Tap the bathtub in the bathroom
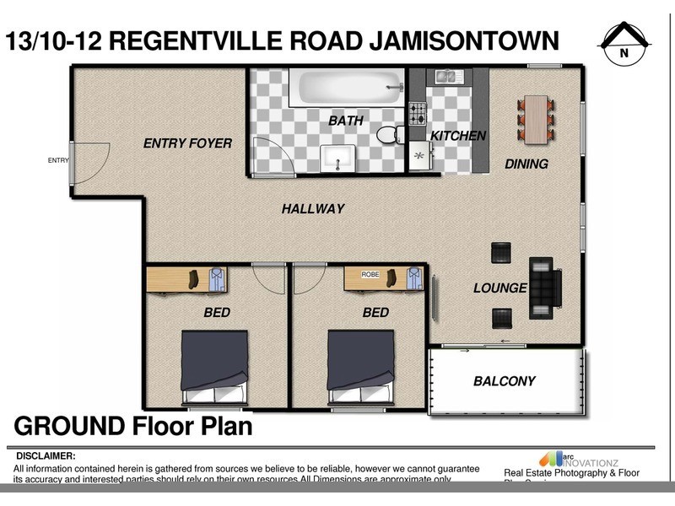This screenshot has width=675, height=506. [346, 88]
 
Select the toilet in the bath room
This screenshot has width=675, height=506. [389, 134]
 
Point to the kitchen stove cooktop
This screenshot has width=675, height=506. [417, 114]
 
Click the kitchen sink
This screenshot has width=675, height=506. [448, 77]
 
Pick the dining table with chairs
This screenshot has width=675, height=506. [536, 119]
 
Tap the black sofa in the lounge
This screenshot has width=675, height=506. [544, 288]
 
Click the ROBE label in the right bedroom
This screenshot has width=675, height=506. [370, 274]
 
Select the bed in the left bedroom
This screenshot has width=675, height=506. [215, 364]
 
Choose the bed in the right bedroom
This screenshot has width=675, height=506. [361, 364]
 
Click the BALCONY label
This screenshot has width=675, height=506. [505, 381]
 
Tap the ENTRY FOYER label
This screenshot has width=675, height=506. [187, 143]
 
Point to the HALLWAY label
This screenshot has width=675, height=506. [313, 208]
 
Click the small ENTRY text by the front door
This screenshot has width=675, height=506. [58, 160]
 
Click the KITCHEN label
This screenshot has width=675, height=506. [458, 136]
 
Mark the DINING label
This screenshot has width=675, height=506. [526, 164]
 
